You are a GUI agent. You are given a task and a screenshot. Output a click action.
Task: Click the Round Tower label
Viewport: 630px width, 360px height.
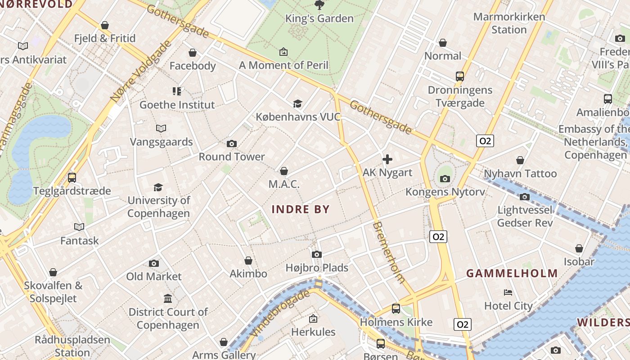click(x=232, y=157)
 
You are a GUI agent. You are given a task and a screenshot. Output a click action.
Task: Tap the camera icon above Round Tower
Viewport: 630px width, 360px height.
click(x=232, y=144)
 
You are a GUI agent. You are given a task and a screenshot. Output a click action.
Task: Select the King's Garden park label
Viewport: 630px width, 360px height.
click(x=319, y=18)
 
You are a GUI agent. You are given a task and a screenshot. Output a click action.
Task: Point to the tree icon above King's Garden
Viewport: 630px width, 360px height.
click(x=319, y=5)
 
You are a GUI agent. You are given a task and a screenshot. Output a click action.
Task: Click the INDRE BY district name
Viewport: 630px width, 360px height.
click(x=301, y=209)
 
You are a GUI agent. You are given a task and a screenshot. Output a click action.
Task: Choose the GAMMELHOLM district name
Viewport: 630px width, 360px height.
click(x=512, y=273)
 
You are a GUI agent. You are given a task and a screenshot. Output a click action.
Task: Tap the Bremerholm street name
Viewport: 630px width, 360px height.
click(x=389, y=252)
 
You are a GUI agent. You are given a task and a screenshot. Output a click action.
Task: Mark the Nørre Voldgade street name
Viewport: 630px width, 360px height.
click(x=141, y=71)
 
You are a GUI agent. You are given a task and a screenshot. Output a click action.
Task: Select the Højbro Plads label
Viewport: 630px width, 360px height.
click(x=317, y=268)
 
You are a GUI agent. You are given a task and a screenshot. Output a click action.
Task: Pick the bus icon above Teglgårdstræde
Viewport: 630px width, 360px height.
click(x=72, y=178)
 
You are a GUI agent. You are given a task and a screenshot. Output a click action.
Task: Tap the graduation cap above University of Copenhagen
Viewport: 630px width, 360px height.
click(x=158, y=187)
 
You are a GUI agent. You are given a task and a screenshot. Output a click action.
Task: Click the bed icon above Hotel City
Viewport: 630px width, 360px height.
click(x=508, y=292)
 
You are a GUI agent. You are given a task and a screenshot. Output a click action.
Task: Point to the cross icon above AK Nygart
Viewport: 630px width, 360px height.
click(x=387, y=159)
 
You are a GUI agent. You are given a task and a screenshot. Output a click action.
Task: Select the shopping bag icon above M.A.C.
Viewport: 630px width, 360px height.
click(x=284, y=171)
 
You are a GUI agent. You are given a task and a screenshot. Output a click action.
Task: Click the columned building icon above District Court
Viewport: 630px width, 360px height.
click(x=168, y=299)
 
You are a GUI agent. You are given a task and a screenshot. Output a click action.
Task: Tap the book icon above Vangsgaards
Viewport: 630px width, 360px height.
click(x=161, y=129)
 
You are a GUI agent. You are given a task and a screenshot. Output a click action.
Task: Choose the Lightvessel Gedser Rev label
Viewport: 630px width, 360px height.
click(x=525, y=216)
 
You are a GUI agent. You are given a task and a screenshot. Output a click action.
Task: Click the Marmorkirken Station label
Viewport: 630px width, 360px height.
click(x=509, y=23)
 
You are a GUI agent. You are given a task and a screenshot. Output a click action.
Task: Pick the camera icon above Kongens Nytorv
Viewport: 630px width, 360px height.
click(x=445, y=179)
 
